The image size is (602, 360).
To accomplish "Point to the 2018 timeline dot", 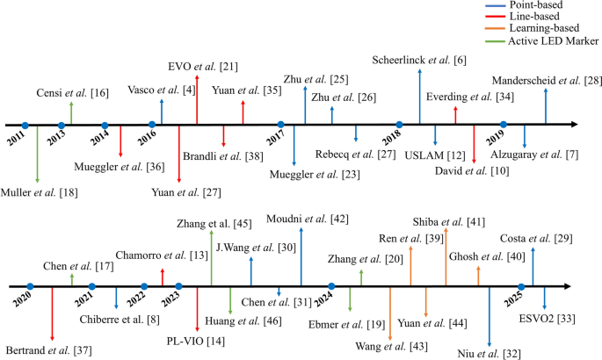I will pyautogui.click(x=399, y=125).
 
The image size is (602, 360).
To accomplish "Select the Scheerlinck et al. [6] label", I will pyautogui.click(x=419, y=60).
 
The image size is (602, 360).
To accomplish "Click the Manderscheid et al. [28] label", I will pyautogui.click(x=547, y=81).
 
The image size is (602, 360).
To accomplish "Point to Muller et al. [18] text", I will pyautogui.click(x=38, y=191).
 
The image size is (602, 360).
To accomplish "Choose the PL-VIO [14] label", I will pyautogui.click(x=196, y=339).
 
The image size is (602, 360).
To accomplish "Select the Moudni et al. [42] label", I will pyautogui.click(x=301, y=218).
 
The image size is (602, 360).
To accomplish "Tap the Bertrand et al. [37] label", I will pyautogui.click(x=49, y=350).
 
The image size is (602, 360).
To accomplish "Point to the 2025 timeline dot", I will pyautogui.click(x=522, y=286).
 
